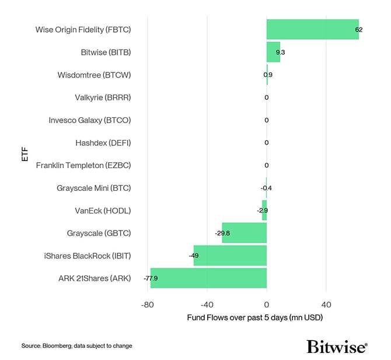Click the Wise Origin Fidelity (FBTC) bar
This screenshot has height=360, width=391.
coord(312,29)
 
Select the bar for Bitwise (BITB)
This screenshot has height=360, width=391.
coord(273,52)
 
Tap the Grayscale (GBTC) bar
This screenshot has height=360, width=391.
coord(244,233)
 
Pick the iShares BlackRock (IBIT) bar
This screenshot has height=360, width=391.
coord(230,256)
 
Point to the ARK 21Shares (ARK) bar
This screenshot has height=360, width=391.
coord(208,278)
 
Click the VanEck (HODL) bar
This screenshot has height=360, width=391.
coord(264,210)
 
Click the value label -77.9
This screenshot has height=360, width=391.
coord(151,278)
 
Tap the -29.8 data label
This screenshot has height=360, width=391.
coord(222,233)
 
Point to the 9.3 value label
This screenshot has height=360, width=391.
coord(280,52)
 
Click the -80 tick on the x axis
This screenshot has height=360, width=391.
coord(147,304)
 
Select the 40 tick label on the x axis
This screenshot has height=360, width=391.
coord(326,304)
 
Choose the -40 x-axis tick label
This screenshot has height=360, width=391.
coord(207,304)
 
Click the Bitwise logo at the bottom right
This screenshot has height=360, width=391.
coord(337,346)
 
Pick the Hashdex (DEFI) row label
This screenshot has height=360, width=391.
coord(103,142)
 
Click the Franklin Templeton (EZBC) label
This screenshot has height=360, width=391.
coord(83,165)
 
